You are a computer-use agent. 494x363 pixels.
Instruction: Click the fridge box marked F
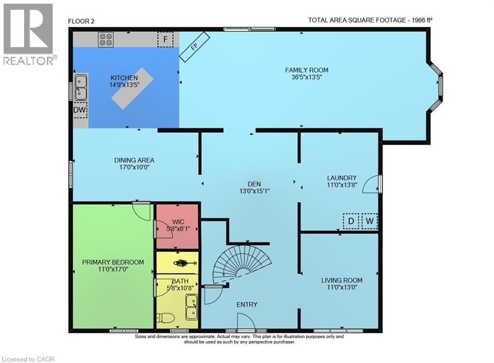point(165,39)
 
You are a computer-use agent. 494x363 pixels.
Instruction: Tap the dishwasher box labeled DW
point(80,110)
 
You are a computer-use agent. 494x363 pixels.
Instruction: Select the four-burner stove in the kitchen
point(106,39)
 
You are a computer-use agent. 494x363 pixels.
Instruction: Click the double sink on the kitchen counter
point(81,87)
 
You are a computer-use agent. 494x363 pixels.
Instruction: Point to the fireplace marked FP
point(195,47)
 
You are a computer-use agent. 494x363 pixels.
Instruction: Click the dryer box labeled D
point(351,221)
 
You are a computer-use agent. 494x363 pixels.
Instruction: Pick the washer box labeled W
point(370,221)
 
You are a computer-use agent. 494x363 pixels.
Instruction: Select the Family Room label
point(306,70)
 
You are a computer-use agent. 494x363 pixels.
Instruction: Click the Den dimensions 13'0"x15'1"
point(254,191)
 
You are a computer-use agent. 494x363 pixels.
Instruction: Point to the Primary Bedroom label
point(113,262)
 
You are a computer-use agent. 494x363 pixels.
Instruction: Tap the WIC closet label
point(178,222)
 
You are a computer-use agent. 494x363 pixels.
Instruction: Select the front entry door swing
point(246,321)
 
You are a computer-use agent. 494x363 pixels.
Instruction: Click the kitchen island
point(132,88)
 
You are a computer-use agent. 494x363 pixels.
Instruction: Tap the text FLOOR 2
point(81,21)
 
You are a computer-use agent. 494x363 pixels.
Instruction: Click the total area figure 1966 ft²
point(420,20)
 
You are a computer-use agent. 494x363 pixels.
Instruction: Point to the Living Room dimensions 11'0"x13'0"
point(342,287)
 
